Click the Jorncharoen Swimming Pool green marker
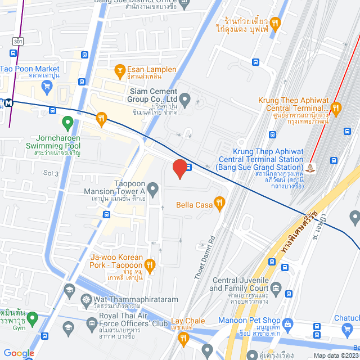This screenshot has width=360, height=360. [67, 121]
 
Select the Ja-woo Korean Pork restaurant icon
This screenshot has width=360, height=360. [149, 264]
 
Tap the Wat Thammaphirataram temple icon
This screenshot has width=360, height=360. [85, 299]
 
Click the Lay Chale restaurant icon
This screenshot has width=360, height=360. [183, 337]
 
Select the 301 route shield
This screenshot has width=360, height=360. [19, 40]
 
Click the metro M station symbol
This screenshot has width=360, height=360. [9, 103]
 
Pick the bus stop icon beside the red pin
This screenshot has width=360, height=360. [190, 167]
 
